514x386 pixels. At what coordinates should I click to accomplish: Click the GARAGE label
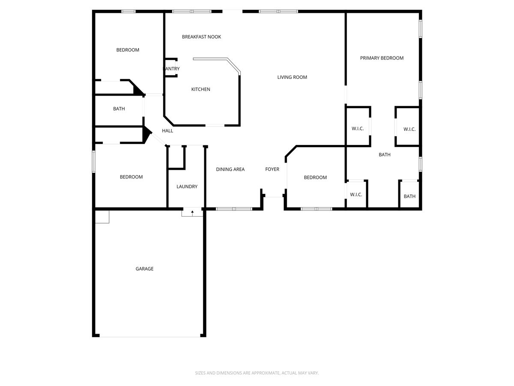click(x=144, y=269)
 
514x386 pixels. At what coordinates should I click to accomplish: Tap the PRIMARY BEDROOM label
click(x=382, y=58)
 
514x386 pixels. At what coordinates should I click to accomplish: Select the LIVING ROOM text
click(x=292, y=77)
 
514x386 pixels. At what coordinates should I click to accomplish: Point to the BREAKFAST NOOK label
click(x=201, y=37)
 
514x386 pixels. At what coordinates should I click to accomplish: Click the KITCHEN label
click(x=200, y=89)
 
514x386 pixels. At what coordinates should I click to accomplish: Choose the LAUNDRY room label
click(x=187, y=187)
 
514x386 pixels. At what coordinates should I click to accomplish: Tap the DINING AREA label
click(x=230, y=169)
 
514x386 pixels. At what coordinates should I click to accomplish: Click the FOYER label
click(x=272, y=169)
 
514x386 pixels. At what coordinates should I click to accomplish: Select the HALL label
click(x=167, y=131)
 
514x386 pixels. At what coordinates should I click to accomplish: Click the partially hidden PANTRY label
click(x=172, y=69)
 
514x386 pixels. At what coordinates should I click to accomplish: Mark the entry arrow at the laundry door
click(x=192, y=211)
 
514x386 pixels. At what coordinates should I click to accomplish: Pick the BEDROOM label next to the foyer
click(x=315, y=178)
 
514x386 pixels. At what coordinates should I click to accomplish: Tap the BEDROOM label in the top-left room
click(x=128, y=50)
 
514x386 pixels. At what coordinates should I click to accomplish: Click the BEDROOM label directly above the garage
click(x=131, y=177)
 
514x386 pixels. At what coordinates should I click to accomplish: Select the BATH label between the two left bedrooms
click(x=119, y=109)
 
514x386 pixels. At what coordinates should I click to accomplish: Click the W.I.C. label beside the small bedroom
click(x=356, y=195)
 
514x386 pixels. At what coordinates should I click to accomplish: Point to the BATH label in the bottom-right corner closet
click(x=409, y=196)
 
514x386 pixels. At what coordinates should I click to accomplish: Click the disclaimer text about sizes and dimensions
click(x=257, y=373)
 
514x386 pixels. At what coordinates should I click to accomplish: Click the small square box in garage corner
click(x=102, y=217)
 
